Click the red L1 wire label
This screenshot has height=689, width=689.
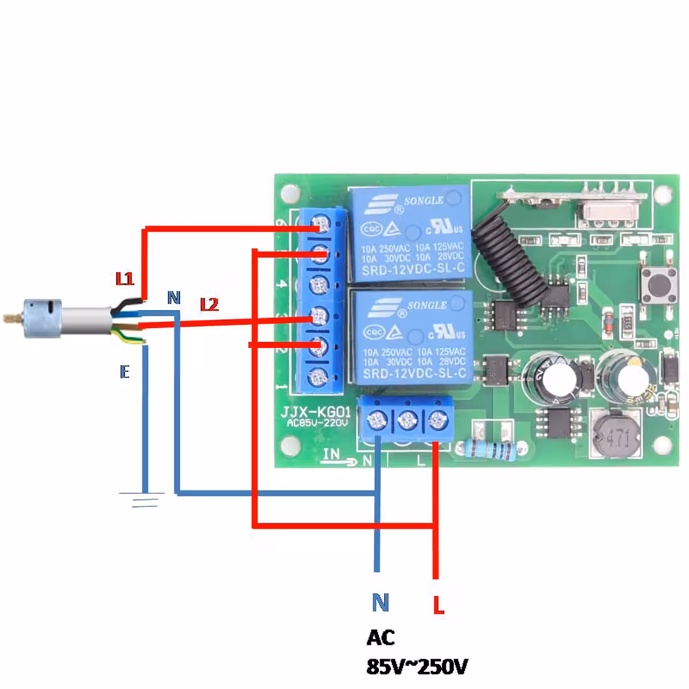tap(125, 279)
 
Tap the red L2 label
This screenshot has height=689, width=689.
tap(210, 304)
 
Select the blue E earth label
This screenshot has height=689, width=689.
tap(125, 372)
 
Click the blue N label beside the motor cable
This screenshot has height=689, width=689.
tap(173, 297)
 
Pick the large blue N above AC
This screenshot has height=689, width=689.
tap(380, 602)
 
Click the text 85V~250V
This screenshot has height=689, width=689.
tap(417, 667)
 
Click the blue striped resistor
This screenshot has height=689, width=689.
tap(489, 449)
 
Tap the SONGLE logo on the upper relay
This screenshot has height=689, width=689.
tap(423, 200)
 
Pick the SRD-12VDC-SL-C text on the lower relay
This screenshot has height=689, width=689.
tap(413, 375)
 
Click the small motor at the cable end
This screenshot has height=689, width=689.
tap(41, 315)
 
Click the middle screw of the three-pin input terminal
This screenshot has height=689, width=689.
tap(407, 421)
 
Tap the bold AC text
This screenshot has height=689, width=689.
tap(381, 637)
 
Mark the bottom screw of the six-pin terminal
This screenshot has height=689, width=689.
tap(317, 378)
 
